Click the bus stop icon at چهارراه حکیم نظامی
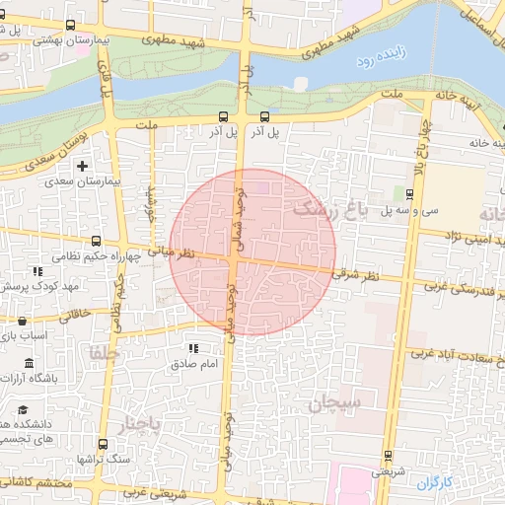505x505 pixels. click(96, 240)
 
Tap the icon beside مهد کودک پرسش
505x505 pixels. click(37, 271)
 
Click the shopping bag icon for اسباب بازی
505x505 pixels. click(23, 321)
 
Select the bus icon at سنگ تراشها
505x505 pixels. click(96, 460)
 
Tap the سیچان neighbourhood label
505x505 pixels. click(336, 402)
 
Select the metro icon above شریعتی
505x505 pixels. click(387, 456)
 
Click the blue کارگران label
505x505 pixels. click(432, 483)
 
